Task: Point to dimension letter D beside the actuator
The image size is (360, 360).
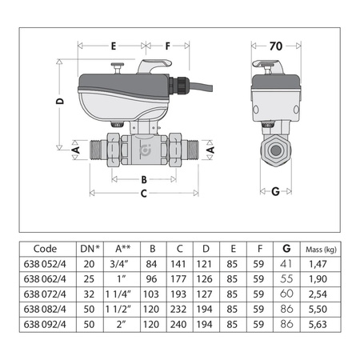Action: click(x=61, y=102)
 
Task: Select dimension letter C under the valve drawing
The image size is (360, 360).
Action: click(x=144, y=193)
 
